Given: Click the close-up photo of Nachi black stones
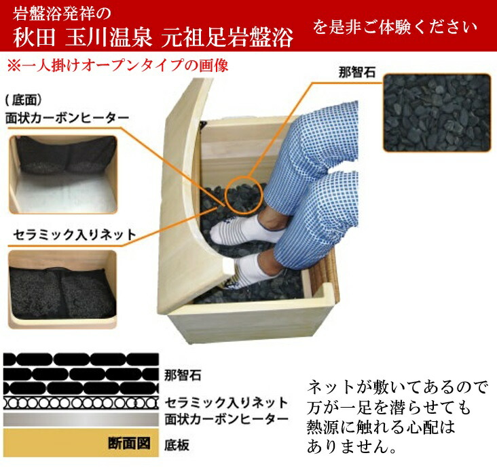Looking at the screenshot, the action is click(437, 113).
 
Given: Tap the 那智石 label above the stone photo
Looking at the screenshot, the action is click(356, 73).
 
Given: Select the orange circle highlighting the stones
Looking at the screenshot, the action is click(244, 194).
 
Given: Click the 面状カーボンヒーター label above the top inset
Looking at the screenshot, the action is click(67, 118).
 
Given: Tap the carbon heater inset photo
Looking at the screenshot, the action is click(62, 174).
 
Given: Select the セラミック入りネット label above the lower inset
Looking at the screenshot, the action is click(75, 235).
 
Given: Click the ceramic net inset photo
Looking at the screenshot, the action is click(62, 289).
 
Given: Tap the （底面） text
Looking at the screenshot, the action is click(24, 100).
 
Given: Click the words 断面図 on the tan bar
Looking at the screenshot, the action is click(129, 444).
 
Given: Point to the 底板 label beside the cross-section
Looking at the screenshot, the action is click(177, 445).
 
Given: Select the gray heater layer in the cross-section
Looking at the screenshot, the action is click(81, 420).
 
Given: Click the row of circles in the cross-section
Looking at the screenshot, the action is click(81, 403).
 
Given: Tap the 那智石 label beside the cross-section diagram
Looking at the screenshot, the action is click(183, 376).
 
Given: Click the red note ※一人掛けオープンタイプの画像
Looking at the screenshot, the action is click(117, 66).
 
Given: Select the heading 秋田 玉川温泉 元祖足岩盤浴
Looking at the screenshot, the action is click(153, 37).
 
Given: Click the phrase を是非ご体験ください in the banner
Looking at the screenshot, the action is click(395, 27).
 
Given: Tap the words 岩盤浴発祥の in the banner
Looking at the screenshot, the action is click(62, 14).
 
